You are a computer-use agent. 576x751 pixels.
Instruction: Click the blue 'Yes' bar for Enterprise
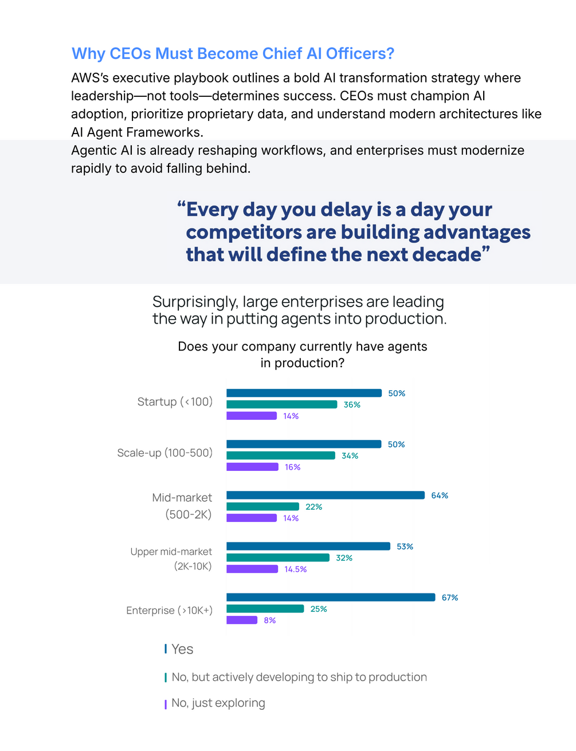coord(331,597)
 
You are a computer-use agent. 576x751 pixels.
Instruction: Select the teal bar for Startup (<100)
coord(281,404)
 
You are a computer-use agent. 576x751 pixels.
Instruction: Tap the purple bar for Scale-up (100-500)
coord(252,467)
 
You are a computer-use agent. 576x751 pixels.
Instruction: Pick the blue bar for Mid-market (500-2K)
coord(326,495)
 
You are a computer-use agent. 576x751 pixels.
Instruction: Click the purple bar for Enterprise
coord(242,620)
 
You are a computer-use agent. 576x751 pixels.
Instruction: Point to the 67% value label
coord(450,597)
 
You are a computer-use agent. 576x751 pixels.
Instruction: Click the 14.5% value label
coord(296,569)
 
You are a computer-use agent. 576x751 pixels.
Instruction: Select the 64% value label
coord(440,496)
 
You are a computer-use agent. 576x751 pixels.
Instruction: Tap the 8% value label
coord(270,620)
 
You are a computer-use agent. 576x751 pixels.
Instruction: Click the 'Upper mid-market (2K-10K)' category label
coord(171,559)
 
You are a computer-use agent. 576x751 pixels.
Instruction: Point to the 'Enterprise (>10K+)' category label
coord(169,610)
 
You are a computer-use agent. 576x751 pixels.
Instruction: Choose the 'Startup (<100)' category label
coord(175,402)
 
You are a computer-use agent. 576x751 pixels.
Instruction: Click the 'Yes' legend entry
coord(182,649)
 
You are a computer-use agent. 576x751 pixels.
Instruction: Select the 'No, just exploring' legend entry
coord(218,703)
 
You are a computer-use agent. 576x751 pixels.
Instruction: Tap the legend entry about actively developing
coord(299,677)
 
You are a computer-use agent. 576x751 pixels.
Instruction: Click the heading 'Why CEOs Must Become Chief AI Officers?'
coord(233,53)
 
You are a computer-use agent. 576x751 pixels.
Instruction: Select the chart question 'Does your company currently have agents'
coord(302,347)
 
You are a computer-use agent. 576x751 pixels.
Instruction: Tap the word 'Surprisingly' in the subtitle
coord(195,302)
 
